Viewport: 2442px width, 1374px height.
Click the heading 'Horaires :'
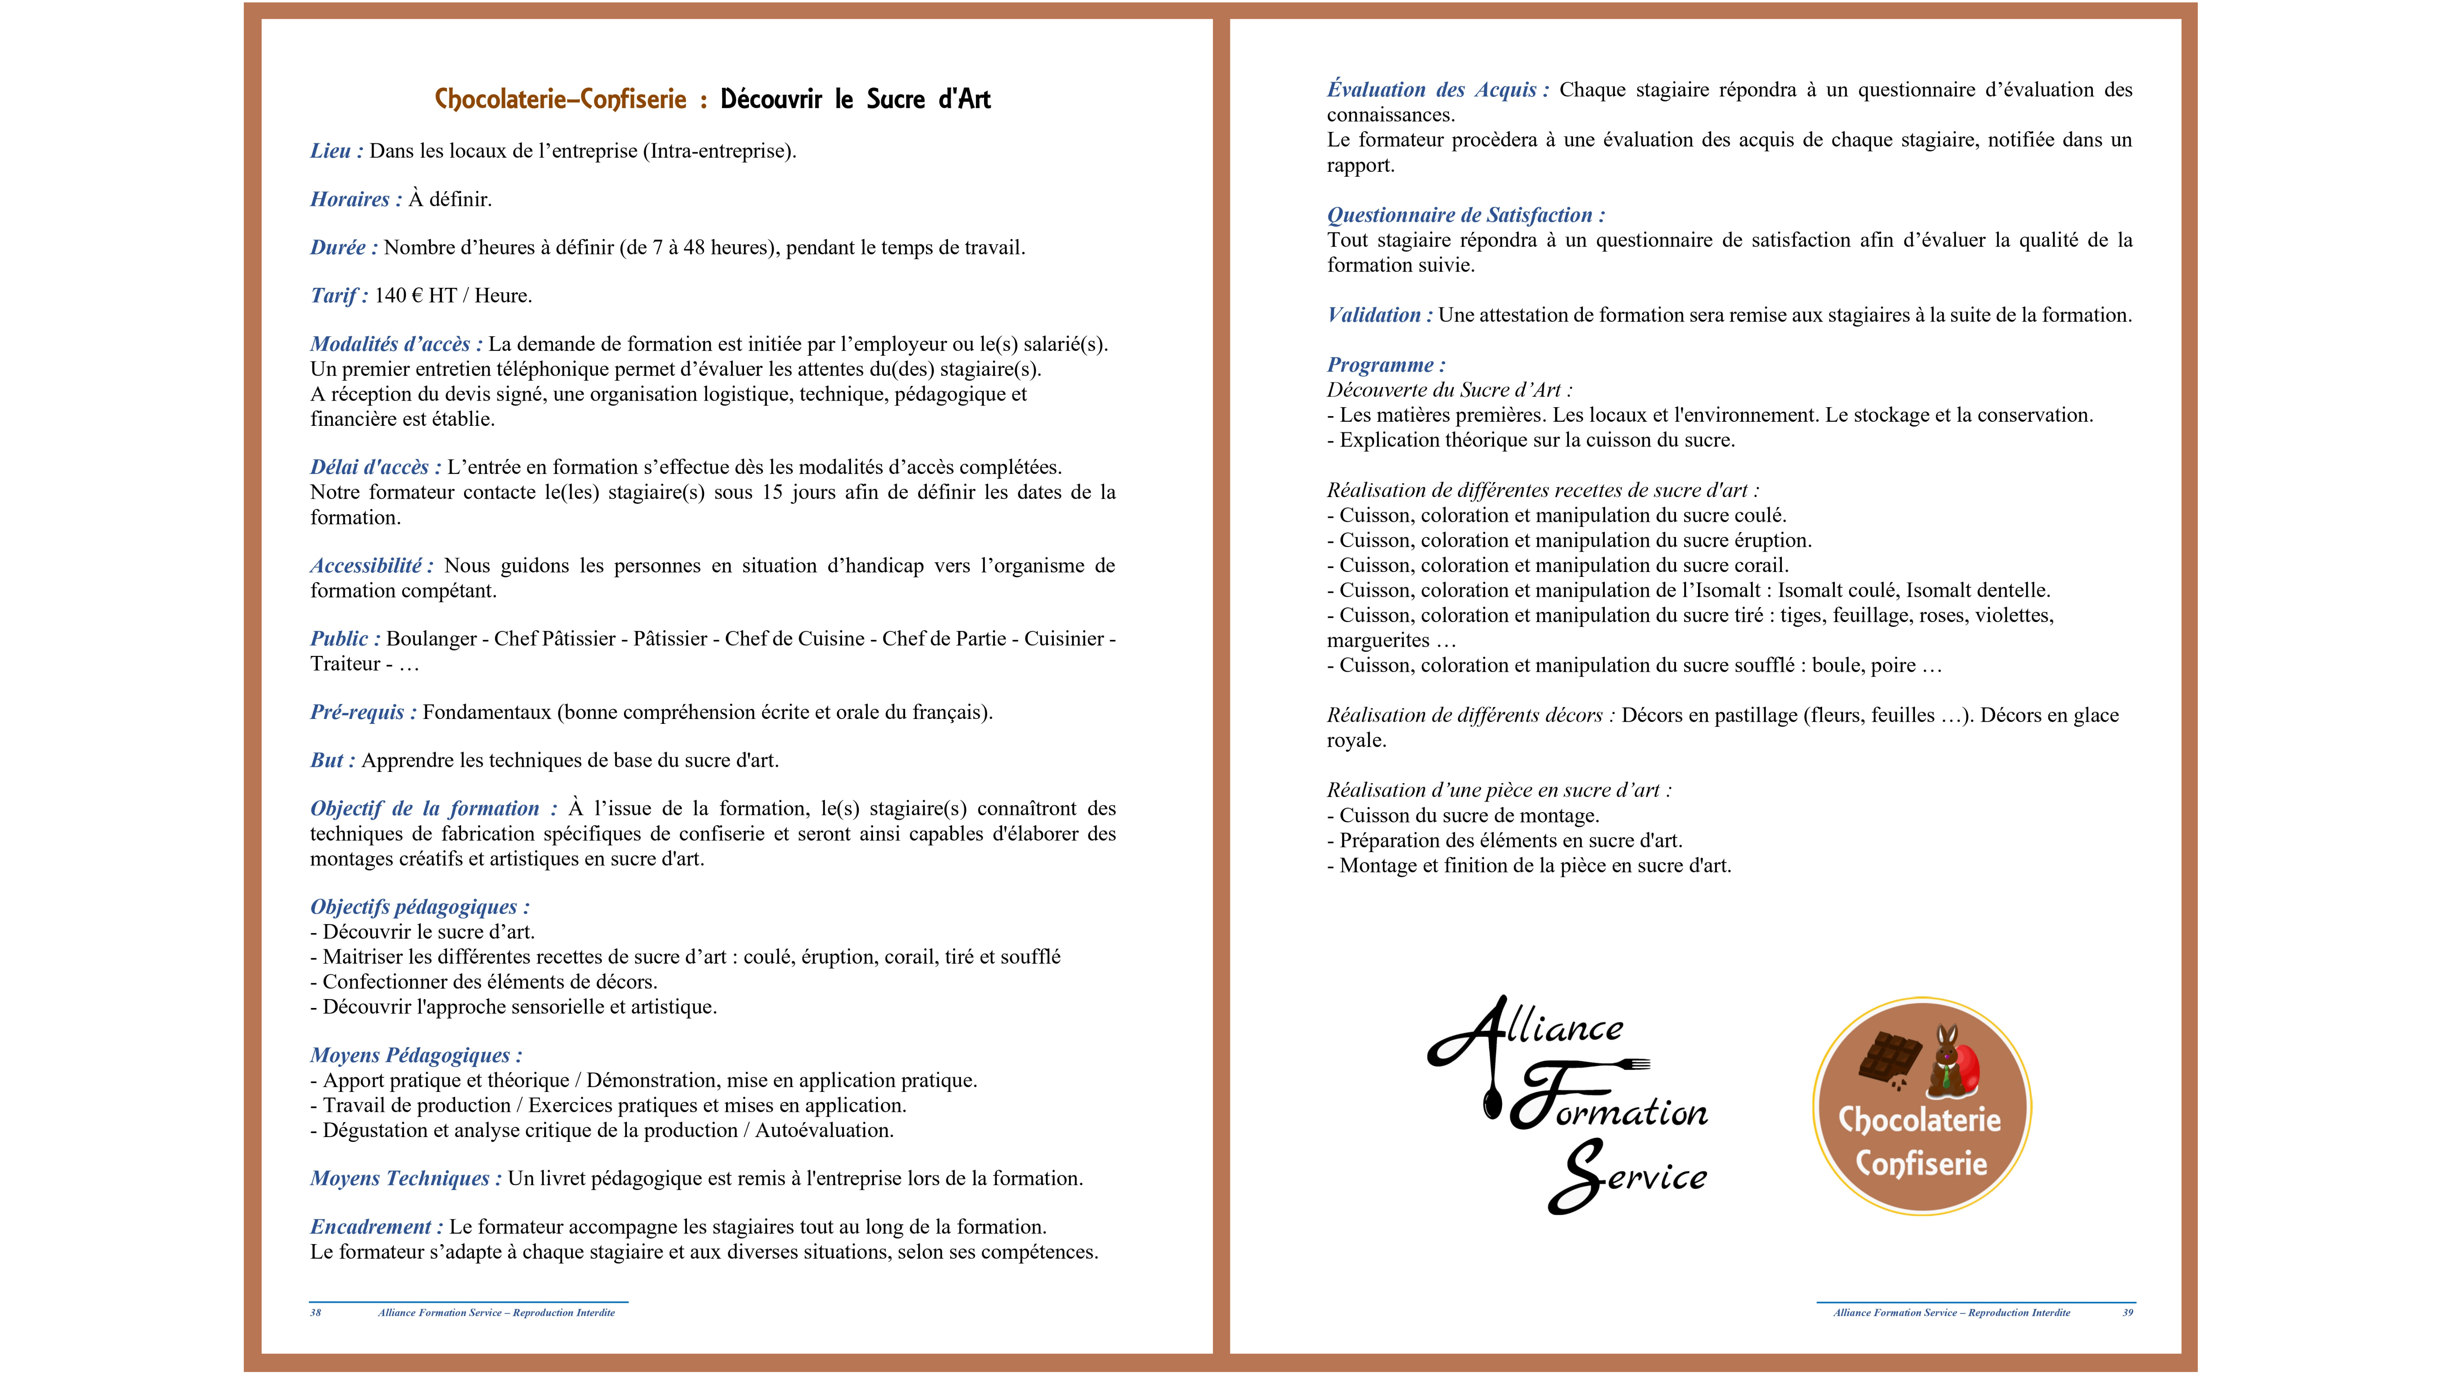pos(355,199)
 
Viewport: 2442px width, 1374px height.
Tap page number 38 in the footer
pos(316,1313)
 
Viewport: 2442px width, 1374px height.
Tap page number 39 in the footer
pos(2127,1313)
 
